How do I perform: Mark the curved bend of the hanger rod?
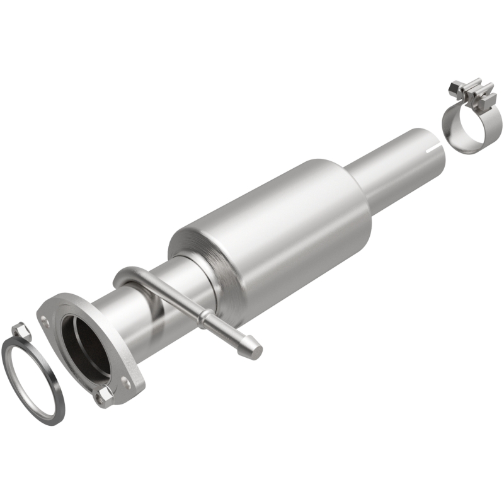[x=123, y=278]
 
